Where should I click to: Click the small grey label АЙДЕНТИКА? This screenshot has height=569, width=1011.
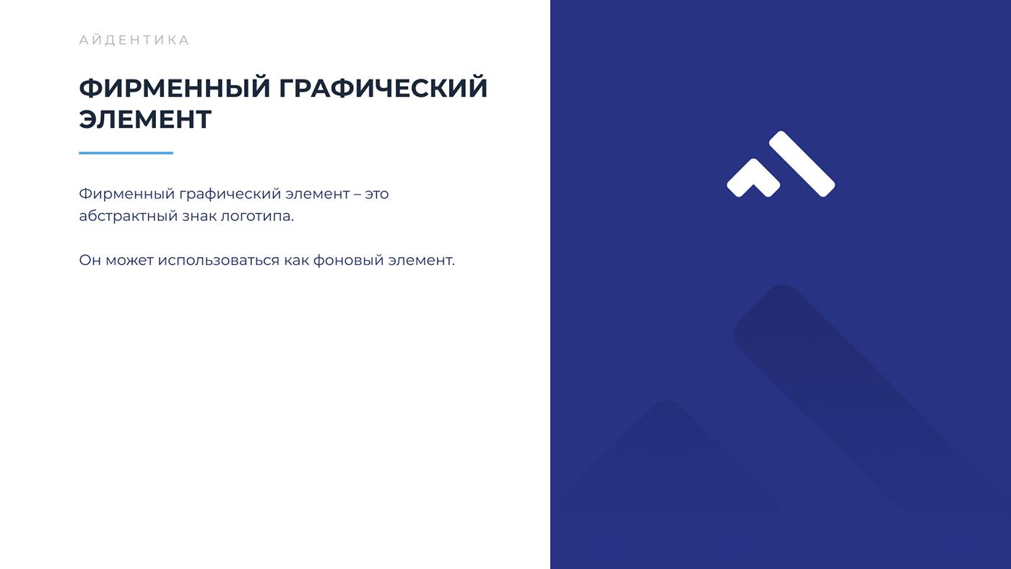(x=134, y=40)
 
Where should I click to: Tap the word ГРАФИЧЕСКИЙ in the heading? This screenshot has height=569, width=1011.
(x=383, y=89)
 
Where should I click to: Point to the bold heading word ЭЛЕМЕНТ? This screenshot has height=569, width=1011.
(x=145, y=120)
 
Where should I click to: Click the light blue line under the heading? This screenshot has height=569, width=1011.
(x=126, y=153)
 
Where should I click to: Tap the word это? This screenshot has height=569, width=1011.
(x=376, y=194)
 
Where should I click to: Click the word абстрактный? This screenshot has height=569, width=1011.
(x=127, y=217)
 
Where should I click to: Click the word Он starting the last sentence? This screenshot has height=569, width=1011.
(x=90, y=260)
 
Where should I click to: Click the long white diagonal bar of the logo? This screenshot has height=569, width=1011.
(x=802, y=163)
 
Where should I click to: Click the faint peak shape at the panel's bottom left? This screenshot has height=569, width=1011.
(x=664, y=462)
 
